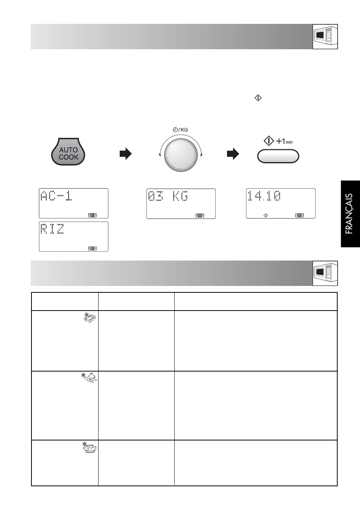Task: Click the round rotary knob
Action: pyautogui.click(x=181, y=155)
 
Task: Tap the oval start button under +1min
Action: pyautogui.click(x=278, y=156)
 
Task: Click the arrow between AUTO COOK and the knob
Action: pyautogui.click(x=126, y=154)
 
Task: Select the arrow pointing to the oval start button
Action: pyautogui.click(x=233, y=154)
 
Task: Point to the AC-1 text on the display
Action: pyautogui.click(x=56, y=196)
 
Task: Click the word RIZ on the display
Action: pyautogui.click(x=52, y=229)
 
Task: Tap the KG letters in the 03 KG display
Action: pyautogui.click(x=180, y=196)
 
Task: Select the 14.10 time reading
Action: pyautogui.click(x=264, y=196)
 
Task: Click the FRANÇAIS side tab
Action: pyautogui.click(x=350, y=214)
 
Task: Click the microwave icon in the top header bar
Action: pyautogui.click(x=325, y=37)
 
